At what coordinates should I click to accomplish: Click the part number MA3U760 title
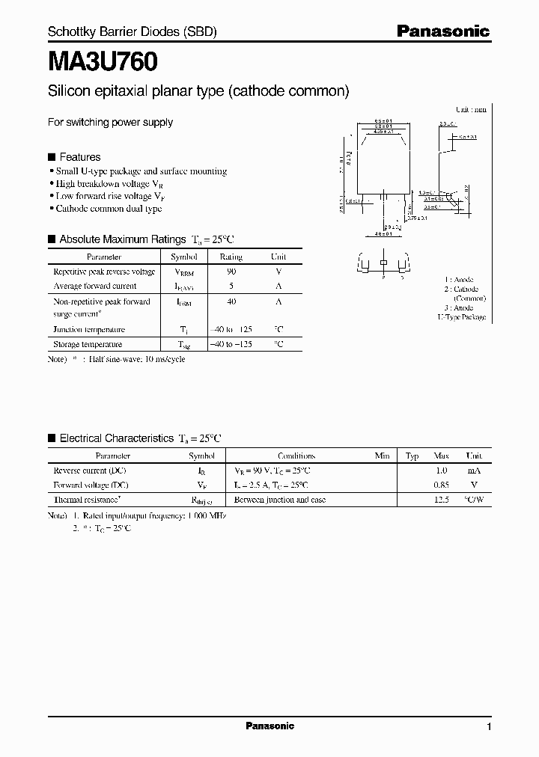click(x=103, y=63)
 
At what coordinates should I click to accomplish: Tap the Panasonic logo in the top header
click(x=442, y=31)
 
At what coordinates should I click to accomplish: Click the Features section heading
click(x=79, y=157)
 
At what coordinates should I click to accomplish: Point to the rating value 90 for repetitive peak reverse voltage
click(x=231, y=272)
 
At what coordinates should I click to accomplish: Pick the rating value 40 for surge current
click(x=231, y=301)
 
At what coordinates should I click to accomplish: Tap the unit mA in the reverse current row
click(x=474, y=471)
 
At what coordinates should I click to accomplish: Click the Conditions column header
click(x=296, y=456)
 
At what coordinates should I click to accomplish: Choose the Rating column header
click(x=231, y=257)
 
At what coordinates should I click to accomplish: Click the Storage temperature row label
click(x=88, y=344)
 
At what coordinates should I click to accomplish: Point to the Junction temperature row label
click(x=89, y=329)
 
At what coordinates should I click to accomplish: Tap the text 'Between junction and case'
click(x=280, y=499)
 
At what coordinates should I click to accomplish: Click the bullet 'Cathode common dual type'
click(x=109, y=209)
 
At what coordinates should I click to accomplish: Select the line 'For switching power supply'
click(x=110, y=122)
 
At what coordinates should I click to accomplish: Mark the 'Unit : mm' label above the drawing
click(x=471, y=109)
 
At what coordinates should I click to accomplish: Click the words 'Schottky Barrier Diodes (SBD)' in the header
click(x=133, y=32)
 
